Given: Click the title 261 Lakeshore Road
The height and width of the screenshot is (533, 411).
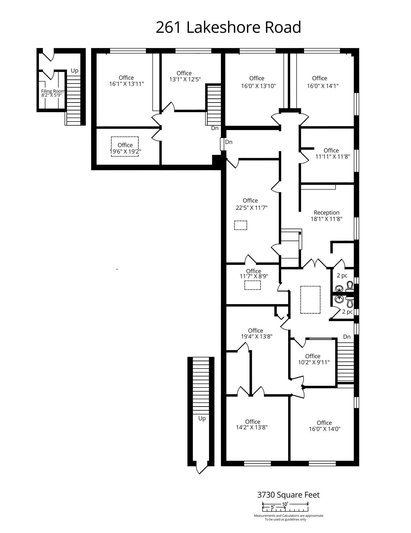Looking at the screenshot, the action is pyautogui.click(x=228, y=27).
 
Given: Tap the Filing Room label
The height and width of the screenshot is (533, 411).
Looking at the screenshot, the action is pyautogui.click(x=53, y=91).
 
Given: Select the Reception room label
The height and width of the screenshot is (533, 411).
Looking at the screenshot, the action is pyautogui.click(x=326, y=212).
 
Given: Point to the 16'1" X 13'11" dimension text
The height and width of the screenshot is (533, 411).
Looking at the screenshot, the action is pyautogui.click(x=126, y=84).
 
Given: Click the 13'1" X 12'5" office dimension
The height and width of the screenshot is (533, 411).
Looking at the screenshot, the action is pyautogui.click(x=185, y=79).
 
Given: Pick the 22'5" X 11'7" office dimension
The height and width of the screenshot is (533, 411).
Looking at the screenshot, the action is pyautogui.click(x=252, y=207).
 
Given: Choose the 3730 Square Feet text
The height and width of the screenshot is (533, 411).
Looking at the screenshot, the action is pyautogui.click(x=288, y=495).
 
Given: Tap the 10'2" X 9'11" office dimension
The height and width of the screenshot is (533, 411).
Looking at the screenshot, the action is pyautogui.click(x=314, y=362).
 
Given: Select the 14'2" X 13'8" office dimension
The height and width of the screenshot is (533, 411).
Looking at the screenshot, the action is pyautogui.click(x=252, y=427).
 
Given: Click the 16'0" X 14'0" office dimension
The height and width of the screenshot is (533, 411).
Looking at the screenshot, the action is pyautogui.click(x=325, y=429).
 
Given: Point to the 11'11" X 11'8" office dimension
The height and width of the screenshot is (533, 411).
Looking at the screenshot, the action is pyautogui.click(x=333, y=157).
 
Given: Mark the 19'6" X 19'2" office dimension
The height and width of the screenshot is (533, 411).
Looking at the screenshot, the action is pyautogui.click(x=125, y=151).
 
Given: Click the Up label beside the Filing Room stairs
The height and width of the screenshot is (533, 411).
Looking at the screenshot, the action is pyautogui.click(x=74, y=71).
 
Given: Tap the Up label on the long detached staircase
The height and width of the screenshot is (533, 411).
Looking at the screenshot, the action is pyautogui.click(x=202, y=419).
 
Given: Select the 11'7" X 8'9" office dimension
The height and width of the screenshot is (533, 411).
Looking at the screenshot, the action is pyautogui.click(x=254, y=276).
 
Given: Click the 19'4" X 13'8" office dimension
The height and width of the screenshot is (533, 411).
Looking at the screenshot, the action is pyautogui.click(x=257, y=336).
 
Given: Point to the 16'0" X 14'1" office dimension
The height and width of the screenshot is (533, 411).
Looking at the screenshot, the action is pyautogui.click(x=322, y=86).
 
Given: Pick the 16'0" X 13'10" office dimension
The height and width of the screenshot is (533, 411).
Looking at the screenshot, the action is pyautogui.click(x=259, y=86).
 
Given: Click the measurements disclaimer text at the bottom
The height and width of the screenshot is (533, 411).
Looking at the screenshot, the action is pyautogui.click(x=289, y=518).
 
